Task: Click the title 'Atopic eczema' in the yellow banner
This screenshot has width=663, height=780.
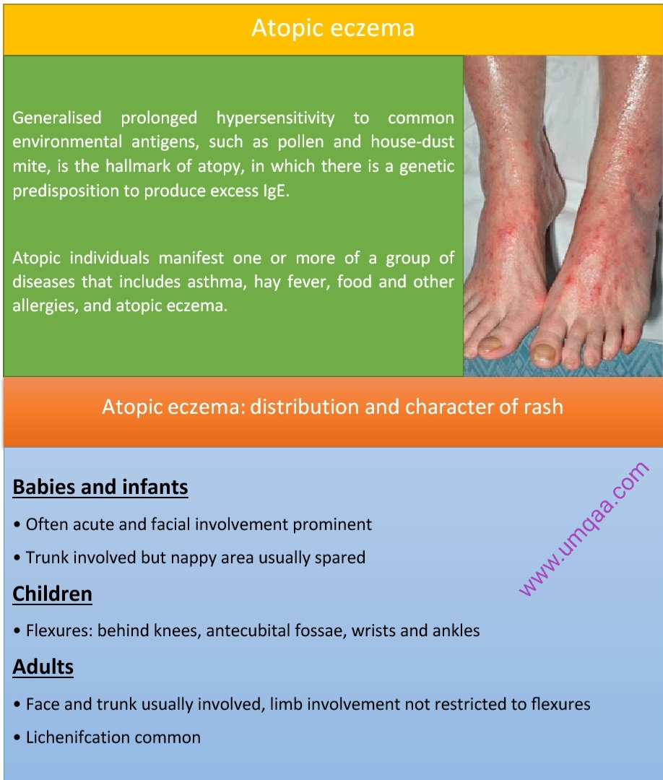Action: pyautogui.click(x=332, y=28)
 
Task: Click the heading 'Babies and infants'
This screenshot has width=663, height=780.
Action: pyautogui.click(x=100, y=487)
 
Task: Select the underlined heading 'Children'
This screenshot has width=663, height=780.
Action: pyautogui.click(x=53, y=594)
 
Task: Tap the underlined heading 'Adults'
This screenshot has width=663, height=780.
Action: pyautogui.click(x=43, y=667)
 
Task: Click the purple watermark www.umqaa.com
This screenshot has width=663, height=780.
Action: pyautogui.click(x=584, y=529)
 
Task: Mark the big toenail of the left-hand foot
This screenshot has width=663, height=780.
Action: pyautogui.click(x=490, y=344)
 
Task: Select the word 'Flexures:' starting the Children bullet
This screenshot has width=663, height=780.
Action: pyautogui.click(x=59, y=630)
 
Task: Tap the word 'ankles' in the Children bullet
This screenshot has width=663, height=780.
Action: pyautogui.click(x=456, y=630)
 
